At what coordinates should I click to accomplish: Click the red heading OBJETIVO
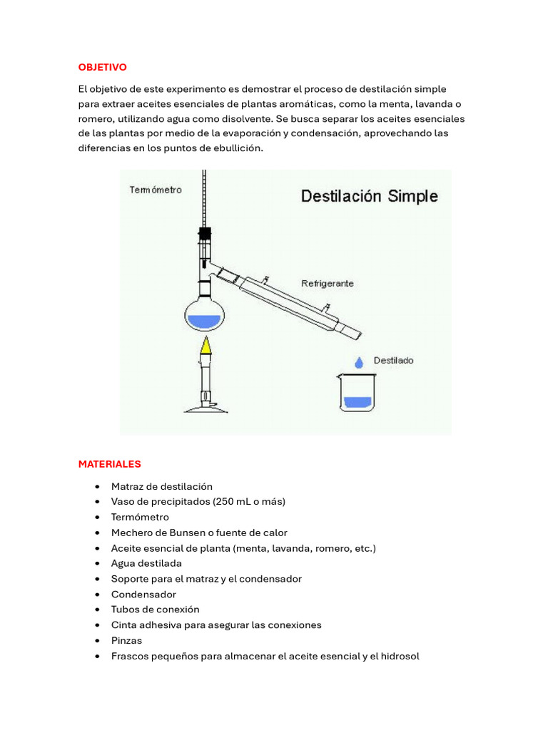[x=102, y=67]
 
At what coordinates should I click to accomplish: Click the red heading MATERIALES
[x=109, y=464]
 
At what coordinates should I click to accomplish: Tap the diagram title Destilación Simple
[x=369, y=196]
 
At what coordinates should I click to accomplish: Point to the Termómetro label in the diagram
[x=155, y=190]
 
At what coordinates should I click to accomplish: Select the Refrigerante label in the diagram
[x=327, y=283]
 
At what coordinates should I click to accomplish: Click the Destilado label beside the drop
[x=393, y=361]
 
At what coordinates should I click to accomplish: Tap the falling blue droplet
[x=358, y=362]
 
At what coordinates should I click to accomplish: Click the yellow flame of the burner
[x=205, y=346]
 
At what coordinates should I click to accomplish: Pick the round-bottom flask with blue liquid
[x=205, y=314]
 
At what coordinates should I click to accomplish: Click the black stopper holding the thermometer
[x=205, y=233]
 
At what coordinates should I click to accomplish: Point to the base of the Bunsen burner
[x=206, y=407]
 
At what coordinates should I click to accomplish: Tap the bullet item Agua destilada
[x=146, y=563]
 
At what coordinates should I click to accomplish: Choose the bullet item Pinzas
[x=126, y=640]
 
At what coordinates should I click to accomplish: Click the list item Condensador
[x=143, y=594]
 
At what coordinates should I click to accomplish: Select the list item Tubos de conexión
[x=155, y=610]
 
